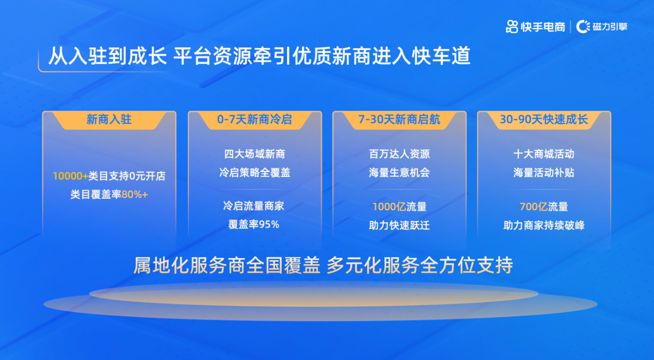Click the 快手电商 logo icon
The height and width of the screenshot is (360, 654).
coord(512,27)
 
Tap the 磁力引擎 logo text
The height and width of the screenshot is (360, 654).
coord(610,27)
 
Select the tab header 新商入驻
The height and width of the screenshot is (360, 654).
coord(109,119)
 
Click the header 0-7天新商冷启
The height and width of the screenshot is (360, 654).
coord(255,119)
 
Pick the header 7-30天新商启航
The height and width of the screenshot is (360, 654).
coord(399,119)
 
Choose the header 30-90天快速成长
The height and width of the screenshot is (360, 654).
coord(544,119)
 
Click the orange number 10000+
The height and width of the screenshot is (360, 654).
coord(70,176)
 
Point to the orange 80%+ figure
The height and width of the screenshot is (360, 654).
coord(135,194)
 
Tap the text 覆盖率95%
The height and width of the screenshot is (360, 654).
coord(254,224)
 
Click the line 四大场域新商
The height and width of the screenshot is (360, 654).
coord(255,154)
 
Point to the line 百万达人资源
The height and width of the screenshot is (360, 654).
coord(399,154)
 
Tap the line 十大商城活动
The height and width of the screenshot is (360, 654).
coord(544,154)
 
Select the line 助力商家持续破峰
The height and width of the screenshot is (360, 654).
coord(544,225)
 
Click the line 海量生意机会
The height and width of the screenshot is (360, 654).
coord(399,173)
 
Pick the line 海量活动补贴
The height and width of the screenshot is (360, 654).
coord(544,173)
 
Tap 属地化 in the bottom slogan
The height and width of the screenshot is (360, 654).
coord(161,265)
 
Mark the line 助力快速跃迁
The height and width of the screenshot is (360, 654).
coord(399,225)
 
